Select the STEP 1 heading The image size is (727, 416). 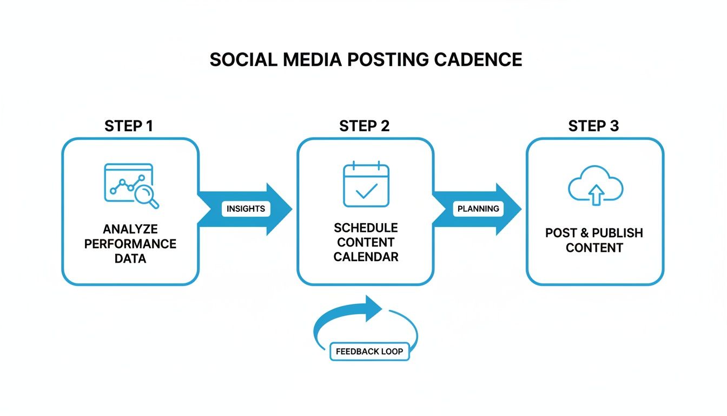point(128,126)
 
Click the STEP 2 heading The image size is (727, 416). point(364,126)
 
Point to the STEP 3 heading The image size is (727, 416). point(593,126)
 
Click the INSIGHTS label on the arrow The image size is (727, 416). point(246,209)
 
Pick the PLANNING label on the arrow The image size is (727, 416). point(479,209)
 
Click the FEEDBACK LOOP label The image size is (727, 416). point(369,352)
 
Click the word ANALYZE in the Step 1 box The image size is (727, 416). point(130,229)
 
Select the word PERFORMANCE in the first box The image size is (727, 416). point(130,244)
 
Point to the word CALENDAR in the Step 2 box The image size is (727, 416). point(366,257)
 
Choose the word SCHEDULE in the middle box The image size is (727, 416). point(366,227)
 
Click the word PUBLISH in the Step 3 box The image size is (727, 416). point(617,233)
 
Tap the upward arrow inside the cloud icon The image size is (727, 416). point(595,194)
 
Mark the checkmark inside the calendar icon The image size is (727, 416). point(367,190)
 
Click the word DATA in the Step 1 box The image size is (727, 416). point(130,258)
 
